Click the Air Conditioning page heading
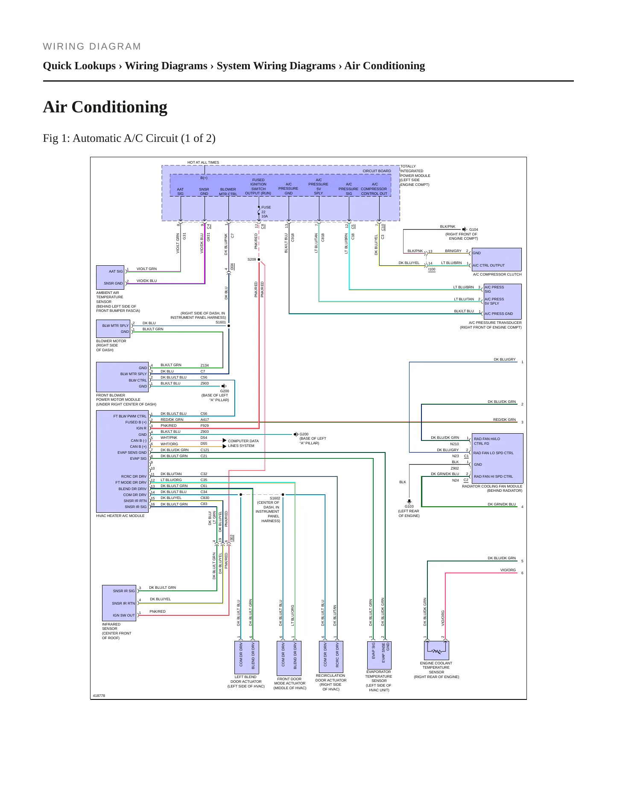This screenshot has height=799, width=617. [105, 107]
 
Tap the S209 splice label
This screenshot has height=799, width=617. [251, 259]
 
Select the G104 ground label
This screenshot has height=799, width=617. [474, 229]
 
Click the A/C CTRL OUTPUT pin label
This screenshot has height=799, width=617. [488, 265]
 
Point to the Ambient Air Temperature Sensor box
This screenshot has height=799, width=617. [110, 277]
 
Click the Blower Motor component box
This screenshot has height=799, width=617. [113, 329]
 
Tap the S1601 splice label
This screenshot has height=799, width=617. [221, 323]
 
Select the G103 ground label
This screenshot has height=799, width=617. [409, 506]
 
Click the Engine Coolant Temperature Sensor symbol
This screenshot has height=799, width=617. [436, 650]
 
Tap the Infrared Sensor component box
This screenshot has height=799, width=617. [119, 603]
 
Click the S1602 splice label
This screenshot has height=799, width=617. [275, 498]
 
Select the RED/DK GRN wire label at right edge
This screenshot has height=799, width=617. [504, 420]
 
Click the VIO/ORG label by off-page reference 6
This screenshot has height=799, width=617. [508, 570]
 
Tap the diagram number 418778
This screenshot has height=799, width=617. [99, 696]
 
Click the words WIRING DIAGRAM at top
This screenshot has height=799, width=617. [92, 47]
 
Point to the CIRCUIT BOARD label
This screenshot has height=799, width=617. [377, 171]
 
